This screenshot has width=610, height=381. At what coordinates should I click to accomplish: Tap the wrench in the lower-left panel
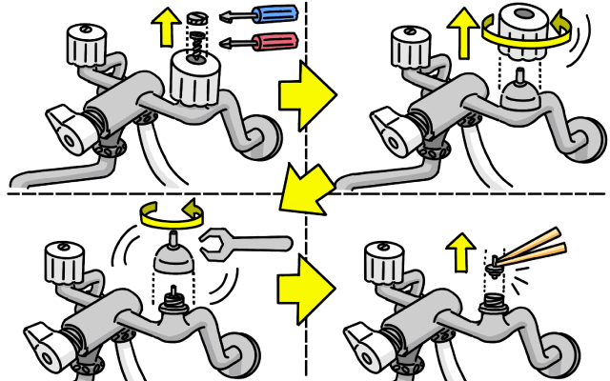pyautogui.click(x=242, y=244)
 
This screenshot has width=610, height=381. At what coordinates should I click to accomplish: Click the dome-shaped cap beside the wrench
pyautogui.click(x=174, y=252)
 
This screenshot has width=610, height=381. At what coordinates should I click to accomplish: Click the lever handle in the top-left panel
pyautogui.click(x=71, y=124)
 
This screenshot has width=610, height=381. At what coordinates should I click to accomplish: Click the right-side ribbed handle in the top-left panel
pyautogui.click(x=195, y=79)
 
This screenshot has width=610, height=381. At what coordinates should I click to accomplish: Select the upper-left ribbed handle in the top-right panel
pyautogui.click(x=412, y=45)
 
